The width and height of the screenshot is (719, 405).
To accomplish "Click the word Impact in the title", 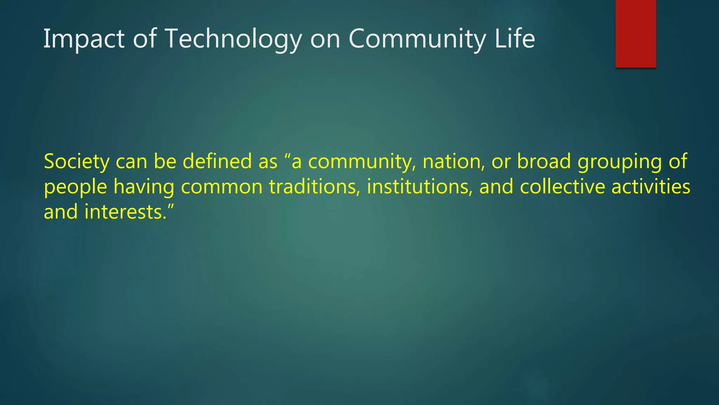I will [84, 39].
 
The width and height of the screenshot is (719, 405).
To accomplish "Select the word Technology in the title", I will [233, 39].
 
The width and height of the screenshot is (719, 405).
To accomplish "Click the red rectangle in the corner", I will [635, 33].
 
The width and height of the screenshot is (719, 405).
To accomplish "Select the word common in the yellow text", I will [222, 187].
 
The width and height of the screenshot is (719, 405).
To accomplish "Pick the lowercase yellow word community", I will [360, 162].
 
